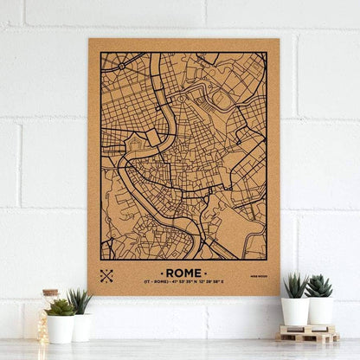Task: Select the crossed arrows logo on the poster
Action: coord(107,276)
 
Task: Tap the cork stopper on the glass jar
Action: coord(49,293)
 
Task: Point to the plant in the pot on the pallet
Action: coord(319,286)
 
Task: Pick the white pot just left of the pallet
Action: coord(294,311)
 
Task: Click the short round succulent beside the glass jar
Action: coord(61,307)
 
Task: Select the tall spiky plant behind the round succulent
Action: coord(80,300)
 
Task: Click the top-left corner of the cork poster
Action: coord(88,40)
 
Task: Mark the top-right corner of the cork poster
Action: coord(280,39)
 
